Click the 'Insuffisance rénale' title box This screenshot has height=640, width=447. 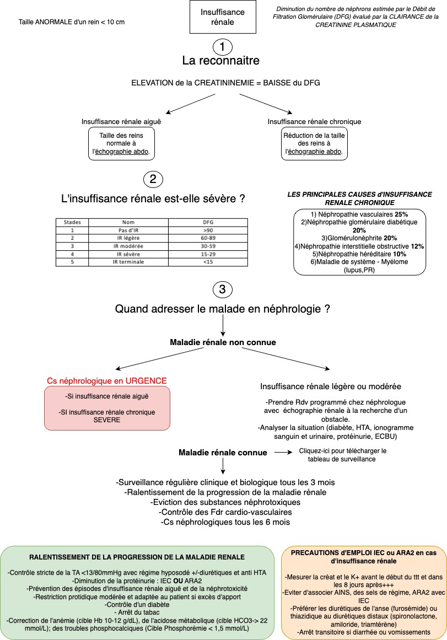point(223,17)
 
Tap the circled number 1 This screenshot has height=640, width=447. point(223,47)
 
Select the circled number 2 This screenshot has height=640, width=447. point(153,179)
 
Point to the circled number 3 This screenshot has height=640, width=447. point(223,289)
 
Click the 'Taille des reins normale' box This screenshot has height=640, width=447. point(121,144)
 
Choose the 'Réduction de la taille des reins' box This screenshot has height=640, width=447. point(314,144)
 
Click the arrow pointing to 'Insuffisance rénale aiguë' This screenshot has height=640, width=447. point(190,104)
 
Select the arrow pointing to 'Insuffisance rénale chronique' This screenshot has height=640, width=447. point(266,104)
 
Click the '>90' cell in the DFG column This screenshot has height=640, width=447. point(208,230)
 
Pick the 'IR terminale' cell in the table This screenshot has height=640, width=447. point(128,262)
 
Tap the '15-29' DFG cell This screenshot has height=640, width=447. point(208,254)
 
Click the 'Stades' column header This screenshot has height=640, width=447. point(72,223)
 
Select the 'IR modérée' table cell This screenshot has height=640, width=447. point(128,246)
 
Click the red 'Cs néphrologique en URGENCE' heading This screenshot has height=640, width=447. point(107,381)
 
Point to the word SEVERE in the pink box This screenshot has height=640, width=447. point(107,420)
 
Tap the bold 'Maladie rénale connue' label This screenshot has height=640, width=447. point(223,452)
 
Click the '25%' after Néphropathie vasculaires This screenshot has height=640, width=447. point(401,214)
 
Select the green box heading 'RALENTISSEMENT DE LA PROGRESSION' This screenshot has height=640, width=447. point(137,557)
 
